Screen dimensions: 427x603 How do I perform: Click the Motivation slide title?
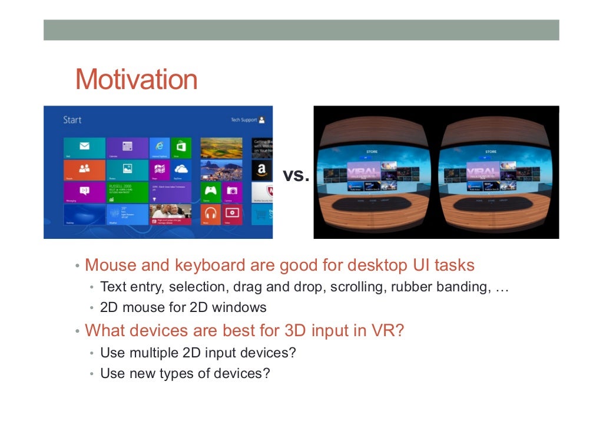[136, 80]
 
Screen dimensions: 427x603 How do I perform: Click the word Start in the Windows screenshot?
[72, 120]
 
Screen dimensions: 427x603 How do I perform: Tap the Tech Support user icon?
[261, 120]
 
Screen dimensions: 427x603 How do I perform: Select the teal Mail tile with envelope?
[84, 147]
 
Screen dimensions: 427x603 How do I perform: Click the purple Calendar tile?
[127, 147]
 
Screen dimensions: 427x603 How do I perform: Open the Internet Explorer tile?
[159, 147]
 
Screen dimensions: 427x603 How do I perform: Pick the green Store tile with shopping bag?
[181, 147]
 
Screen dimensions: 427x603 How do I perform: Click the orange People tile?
[84, 170]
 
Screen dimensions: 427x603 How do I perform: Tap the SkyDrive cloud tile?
[181, 170]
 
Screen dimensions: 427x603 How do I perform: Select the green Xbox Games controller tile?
[211, 192]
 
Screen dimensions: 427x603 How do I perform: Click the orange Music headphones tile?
[211, 214]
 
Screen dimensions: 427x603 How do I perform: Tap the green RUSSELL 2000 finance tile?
[127, 192]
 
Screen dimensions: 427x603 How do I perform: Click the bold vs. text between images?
[296, 175]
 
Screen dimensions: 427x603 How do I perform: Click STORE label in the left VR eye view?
[372, 152]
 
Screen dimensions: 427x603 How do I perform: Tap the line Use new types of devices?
[185, 373]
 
